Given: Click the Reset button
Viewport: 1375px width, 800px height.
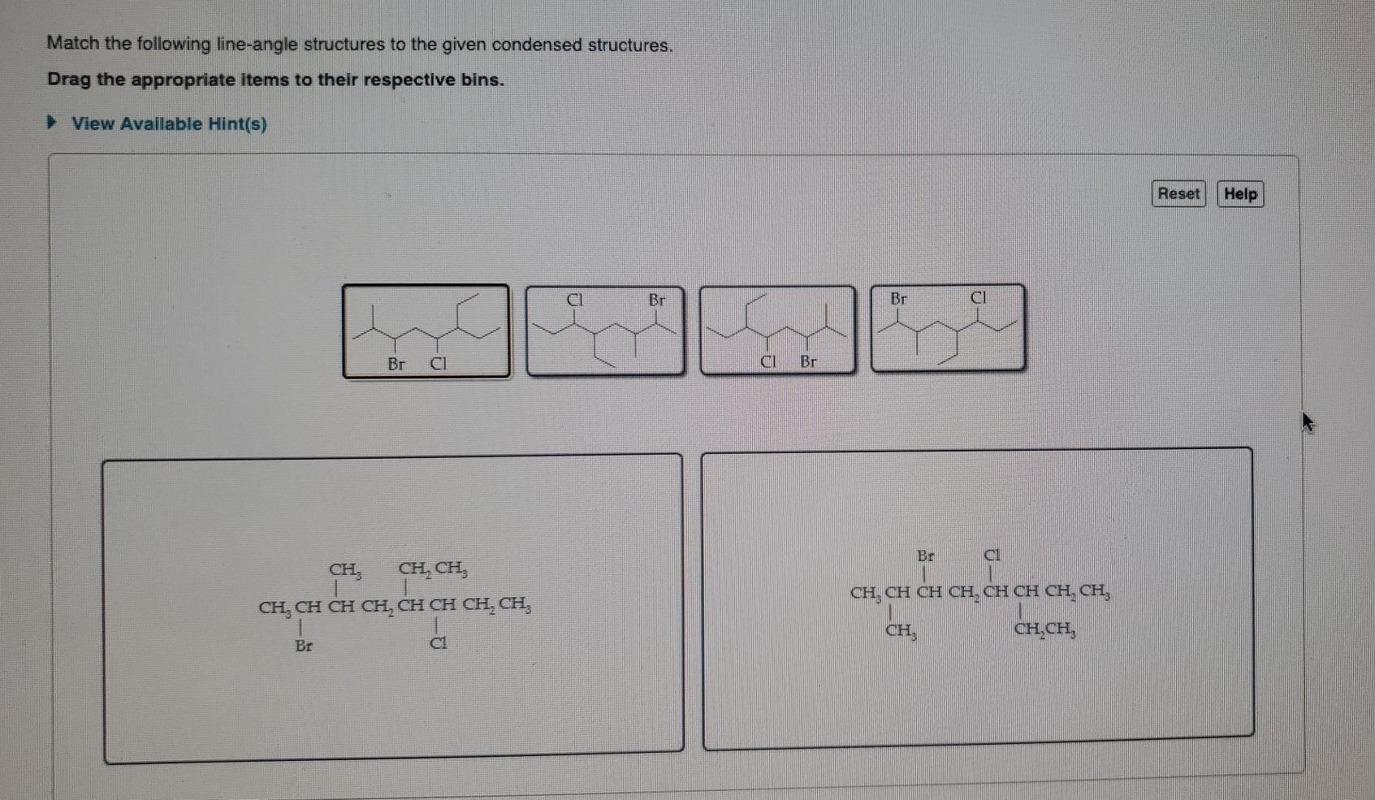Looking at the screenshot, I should [1178, 194].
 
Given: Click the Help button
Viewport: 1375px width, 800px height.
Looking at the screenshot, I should [1239, 194].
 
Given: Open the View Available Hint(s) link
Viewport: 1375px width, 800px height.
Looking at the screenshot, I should [169, 124].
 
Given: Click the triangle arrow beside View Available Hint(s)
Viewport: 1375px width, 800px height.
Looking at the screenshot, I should [52, 123].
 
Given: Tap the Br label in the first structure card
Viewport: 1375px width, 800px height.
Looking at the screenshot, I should [396, 364].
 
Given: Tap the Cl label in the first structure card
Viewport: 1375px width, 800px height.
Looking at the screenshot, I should [438, 364].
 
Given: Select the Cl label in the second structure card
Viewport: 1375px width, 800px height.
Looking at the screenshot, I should [574, 300].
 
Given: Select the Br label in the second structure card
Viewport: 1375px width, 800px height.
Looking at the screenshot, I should [656, 300].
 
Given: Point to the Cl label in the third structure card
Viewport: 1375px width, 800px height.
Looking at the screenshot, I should [767, 361].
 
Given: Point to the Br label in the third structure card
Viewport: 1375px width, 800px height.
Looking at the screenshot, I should [808, 361].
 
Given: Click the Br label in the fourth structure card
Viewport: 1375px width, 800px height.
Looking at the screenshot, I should [898, 299].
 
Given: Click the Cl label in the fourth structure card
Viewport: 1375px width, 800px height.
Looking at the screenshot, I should [979, 298].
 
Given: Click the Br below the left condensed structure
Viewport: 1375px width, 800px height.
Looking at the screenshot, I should [304, 646].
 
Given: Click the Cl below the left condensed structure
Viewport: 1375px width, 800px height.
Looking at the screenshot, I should [438, 643].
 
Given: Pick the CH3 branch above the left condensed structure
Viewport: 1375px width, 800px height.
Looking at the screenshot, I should [345, 569].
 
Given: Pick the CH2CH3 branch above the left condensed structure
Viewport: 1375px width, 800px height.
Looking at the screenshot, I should [432, 569].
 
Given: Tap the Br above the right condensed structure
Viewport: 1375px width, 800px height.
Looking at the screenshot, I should [925, 556].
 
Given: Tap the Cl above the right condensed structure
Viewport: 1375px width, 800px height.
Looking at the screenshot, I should [992, 556].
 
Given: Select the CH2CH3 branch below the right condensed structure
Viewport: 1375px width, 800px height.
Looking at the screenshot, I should [1045, 629].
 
